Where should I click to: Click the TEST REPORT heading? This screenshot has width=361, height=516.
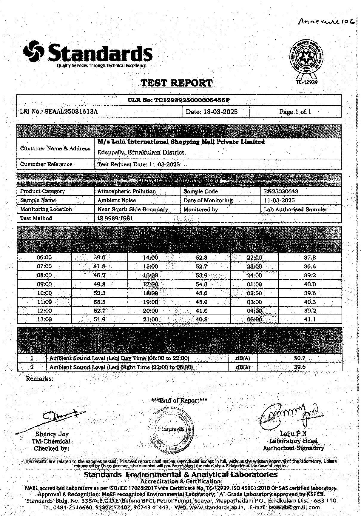click(177, 83)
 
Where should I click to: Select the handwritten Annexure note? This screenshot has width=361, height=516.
click(326, 21)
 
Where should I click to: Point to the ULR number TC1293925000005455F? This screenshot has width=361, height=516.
click(179, 100)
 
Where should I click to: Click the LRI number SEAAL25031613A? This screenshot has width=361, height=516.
click(71, 112)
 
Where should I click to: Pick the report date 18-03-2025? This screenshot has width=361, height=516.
click(221, 112)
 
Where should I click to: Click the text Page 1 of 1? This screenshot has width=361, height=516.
click(295, 112)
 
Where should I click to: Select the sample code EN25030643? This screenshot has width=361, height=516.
click(281, 191)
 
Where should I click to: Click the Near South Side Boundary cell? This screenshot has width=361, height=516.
click(133, 209)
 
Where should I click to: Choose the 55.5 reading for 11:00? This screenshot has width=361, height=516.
click(100, 302)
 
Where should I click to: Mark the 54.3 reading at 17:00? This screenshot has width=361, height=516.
click(201, 284)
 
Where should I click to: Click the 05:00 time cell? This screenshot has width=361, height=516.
click(254, 319)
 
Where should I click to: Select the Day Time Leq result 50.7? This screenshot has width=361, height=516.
click(300, 358)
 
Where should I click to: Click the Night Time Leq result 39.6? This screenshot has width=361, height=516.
click(300, 367)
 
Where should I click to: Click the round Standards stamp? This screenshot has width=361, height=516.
click(171, 429)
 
